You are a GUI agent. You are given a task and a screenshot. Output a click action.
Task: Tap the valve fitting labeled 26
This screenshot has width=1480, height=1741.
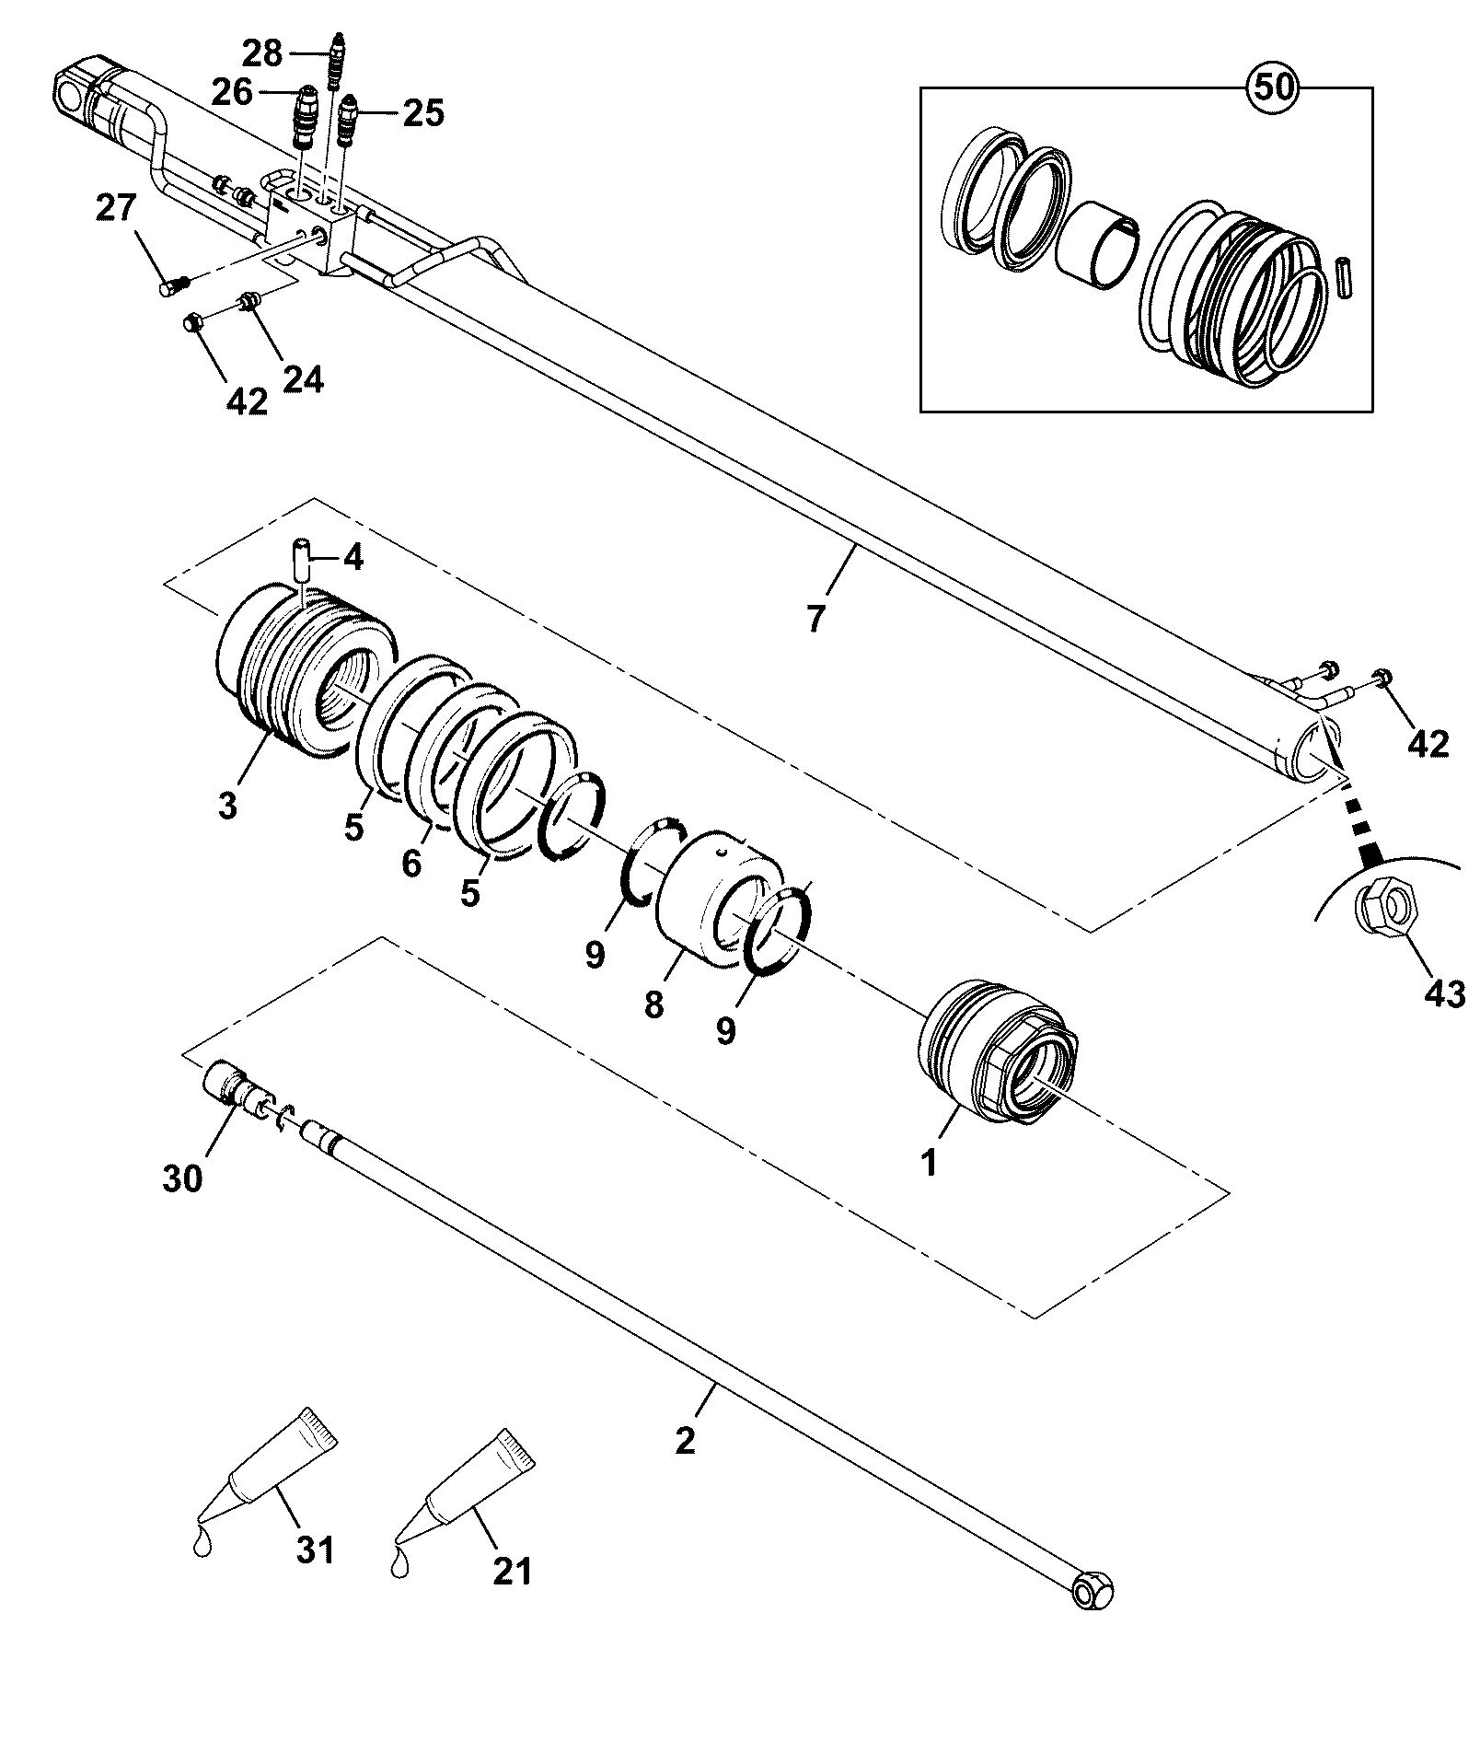click(305, 117)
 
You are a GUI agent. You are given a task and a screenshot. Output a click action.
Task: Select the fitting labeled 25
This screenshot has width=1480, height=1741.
click(347, 120)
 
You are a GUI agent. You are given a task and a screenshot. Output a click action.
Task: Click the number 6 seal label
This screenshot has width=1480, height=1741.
click(410, 864)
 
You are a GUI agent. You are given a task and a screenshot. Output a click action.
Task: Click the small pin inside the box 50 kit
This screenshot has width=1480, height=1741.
click(1344, 275)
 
